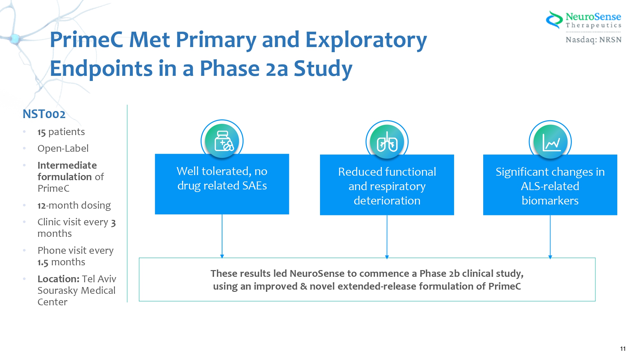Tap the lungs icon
(x=387, y=142)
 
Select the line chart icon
(x=551, y=142)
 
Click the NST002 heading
(x=44, y=114)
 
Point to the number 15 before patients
(x=42, y=132)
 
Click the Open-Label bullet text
(x=63, y=148)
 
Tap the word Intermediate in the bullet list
(x=67, y=165)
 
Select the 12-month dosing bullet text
(x=74, y=205)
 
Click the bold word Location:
(x=58, y=279)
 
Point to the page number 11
(x=623, y=349)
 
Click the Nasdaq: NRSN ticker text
(x=594, y=40)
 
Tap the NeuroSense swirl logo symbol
(x=554, y=20)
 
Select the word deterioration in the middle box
(x=387, y=201)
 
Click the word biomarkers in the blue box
(x=550, y=201)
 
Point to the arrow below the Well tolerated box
(x=222, y=236)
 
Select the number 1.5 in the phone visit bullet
(x=43, y=262)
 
